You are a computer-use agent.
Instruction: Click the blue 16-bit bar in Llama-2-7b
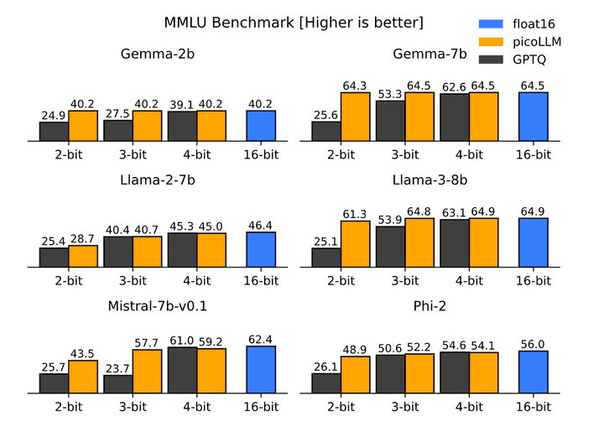click(x=261, y=250)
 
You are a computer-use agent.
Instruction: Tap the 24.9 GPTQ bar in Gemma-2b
click(x=54, y=133)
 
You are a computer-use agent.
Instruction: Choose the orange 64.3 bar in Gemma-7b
click(x=355, y=117)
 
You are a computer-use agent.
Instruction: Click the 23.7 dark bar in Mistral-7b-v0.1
click(x=118, y=384)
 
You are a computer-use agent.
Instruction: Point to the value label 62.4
click(x=261, y=338)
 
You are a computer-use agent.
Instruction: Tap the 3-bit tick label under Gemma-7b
click(x=405, y=154)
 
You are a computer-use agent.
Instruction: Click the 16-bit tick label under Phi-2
click(x=533, y=406)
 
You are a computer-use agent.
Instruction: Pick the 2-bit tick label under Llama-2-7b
click(x=69, y=280)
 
